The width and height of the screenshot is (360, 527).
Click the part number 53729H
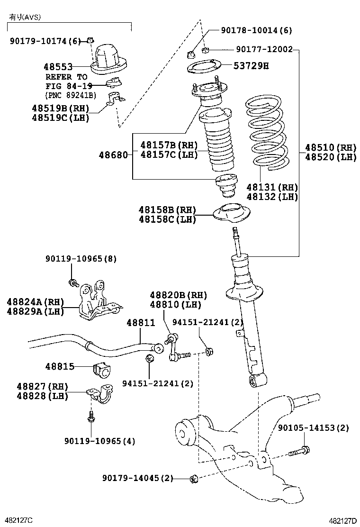tap(251, 66)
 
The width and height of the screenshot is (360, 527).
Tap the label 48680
tap(113, 154)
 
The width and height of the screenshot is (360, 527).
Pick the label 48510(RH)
tap(330, 147)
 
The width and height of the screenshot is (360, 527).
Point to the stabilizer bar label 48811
tap(140, 323)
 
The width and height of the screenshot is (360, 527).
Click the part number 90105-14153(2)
tap(313, 428)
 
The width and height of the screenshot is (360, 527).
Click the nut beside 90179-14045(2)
tap(193, 479)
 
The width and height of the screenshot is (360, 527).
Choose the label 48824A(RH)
tap(35, 301)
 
